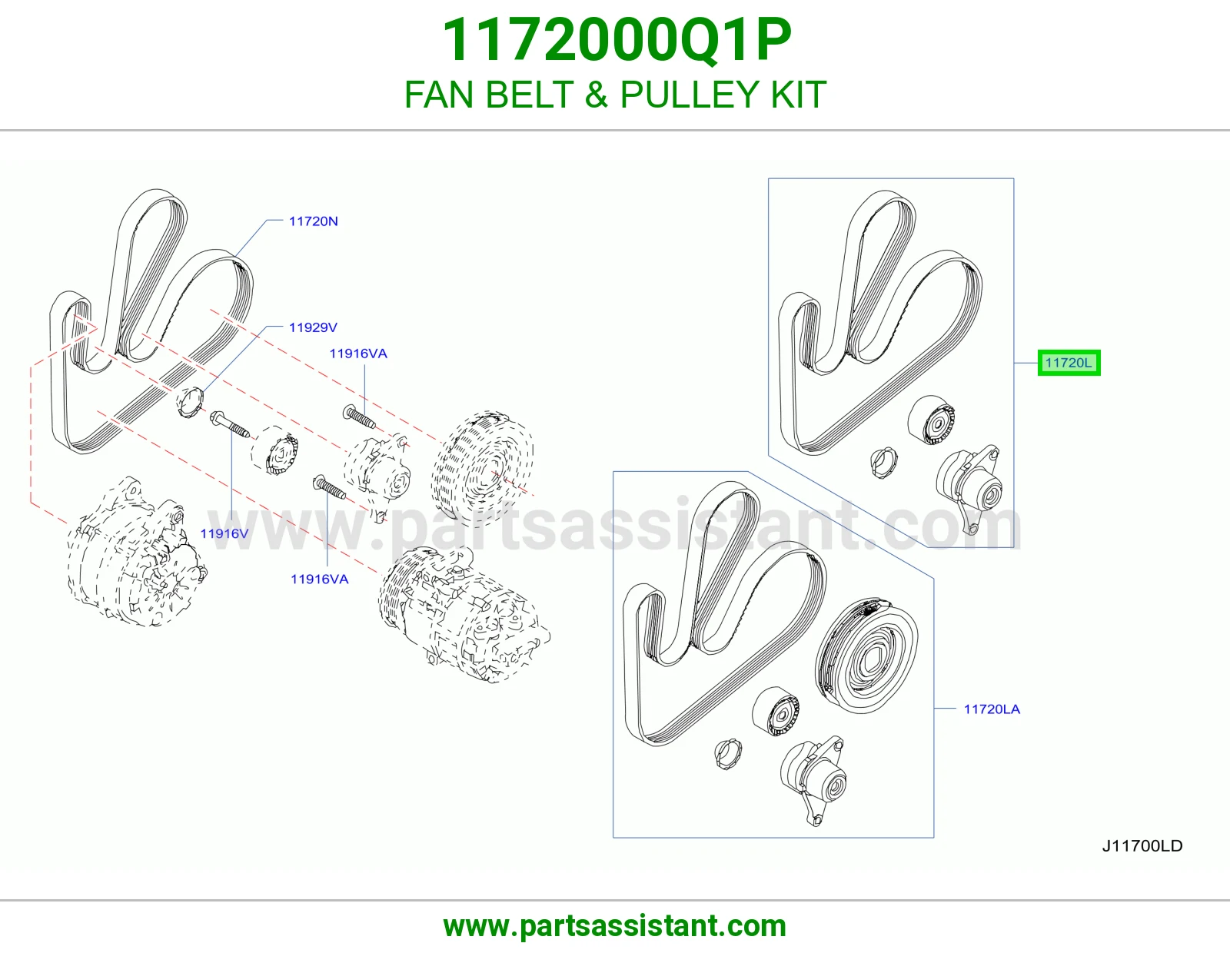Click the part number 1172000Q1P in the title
pos(616,39)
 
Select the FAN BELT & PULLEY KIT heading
pos(615,95)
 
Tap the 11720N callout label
pos(313,221)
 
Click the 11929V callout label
pos(313,327)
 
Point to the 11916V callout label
pos(224,533)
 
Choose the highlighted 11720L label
pos(1069,363)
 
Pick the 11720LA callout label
pos(992,709)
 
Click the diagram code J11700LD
pos(1142,846)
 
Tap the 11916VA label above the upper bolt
pos(358,354)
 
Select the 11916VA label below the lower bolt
pos(319,579)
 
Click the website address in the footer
pos(615,926)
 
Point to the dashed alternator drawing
pos(136,552)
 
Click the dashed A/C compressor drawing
pos(464,614)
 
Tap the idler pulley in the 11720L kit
pos(930,420)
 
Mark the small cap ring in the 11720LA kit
pos(728,755)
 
